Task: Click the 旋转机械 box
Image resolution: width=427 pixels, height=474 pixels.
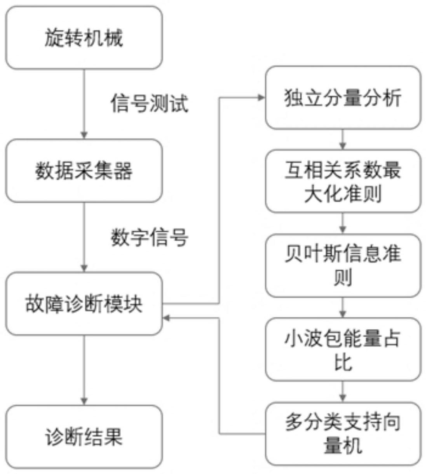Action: [x=84, y=38]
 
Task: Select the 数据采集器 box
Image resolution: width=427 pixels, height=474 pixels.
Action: [x=84, y=171]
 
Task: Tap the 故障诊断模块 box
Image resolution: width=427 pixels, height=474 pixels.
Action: [x=84, y=304]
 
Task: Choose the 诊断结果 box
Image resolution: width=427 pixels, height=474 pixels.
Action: [x=84, y=437]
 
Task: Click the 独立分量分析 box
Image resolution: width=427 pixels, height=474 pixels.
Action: [x=343, y=98]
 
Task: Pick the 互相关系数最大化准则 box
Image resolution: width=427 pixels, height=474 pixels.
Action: [x=343, y=181]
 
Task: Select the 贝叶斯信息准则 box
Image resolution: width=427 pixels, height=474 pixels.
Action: [x=343, y=266]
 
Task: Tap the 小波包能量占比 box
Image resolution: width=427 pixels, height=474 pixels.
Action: [x=343, y=349]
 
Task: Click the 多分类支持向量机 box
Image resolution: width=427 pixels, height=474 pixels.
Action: [x=343, y=434]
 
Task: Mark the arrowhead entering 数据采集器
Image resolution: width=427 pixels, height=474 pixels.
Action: [x=84, y=135]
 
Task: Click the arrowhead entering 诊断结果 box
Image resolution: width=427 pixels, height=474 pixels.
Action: [x=84, y=401]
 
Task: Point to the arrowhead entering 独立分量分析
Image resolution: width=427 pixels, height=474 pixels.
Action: [x=261, y=97]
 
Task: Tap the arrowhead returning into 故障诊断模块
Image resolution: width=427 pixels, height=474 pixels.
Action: [x=166, y=318]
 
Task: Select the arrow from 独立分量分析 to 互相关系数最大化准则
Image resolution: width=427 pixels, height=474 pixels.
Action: [x=342, y=139]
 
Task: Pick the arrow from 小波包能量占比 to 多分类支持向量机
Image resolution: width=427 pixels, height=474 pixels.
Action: [x=342, y=391]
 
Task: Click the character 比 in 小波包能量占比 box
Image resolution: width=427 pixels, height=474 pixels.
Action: [x=343, y=362]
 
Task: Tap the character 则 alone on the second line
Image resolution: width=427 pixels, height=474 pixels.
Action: [x=343, y=278]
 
